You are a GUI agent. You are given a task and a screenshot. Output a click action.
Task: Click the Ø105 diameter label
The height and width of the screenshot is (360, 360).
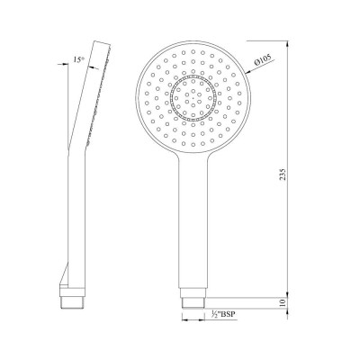(x=263, y=61)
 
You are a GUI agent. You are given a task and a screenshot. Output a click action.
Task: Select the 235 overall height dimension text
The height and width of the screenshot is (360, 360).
(x=283, y=174)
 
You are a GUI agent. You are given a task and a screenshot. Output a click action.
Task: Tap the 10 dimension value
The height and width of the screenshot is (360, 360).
(x=283, y=302)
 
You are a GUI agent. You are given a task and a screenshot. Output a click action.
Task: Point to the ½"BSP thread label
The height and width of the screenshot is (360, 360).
(x=223, y=314)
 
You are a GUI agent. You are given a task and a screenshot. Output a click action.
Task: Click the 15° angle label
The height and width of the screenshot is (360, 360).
(x=77, y=59)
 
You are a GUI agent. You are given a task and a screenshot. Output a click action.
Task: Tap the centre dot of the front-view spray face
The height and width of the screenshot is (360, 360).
(x=193, y=98)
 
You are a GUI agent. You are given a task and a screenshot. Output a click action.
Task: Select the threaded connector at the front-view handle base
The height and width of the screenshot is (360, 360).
(x=193, y=303)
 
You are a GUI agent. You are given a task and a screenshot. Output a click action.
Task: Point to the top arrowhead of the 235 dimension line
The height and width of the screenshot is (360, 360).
(x=287, y=44)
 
